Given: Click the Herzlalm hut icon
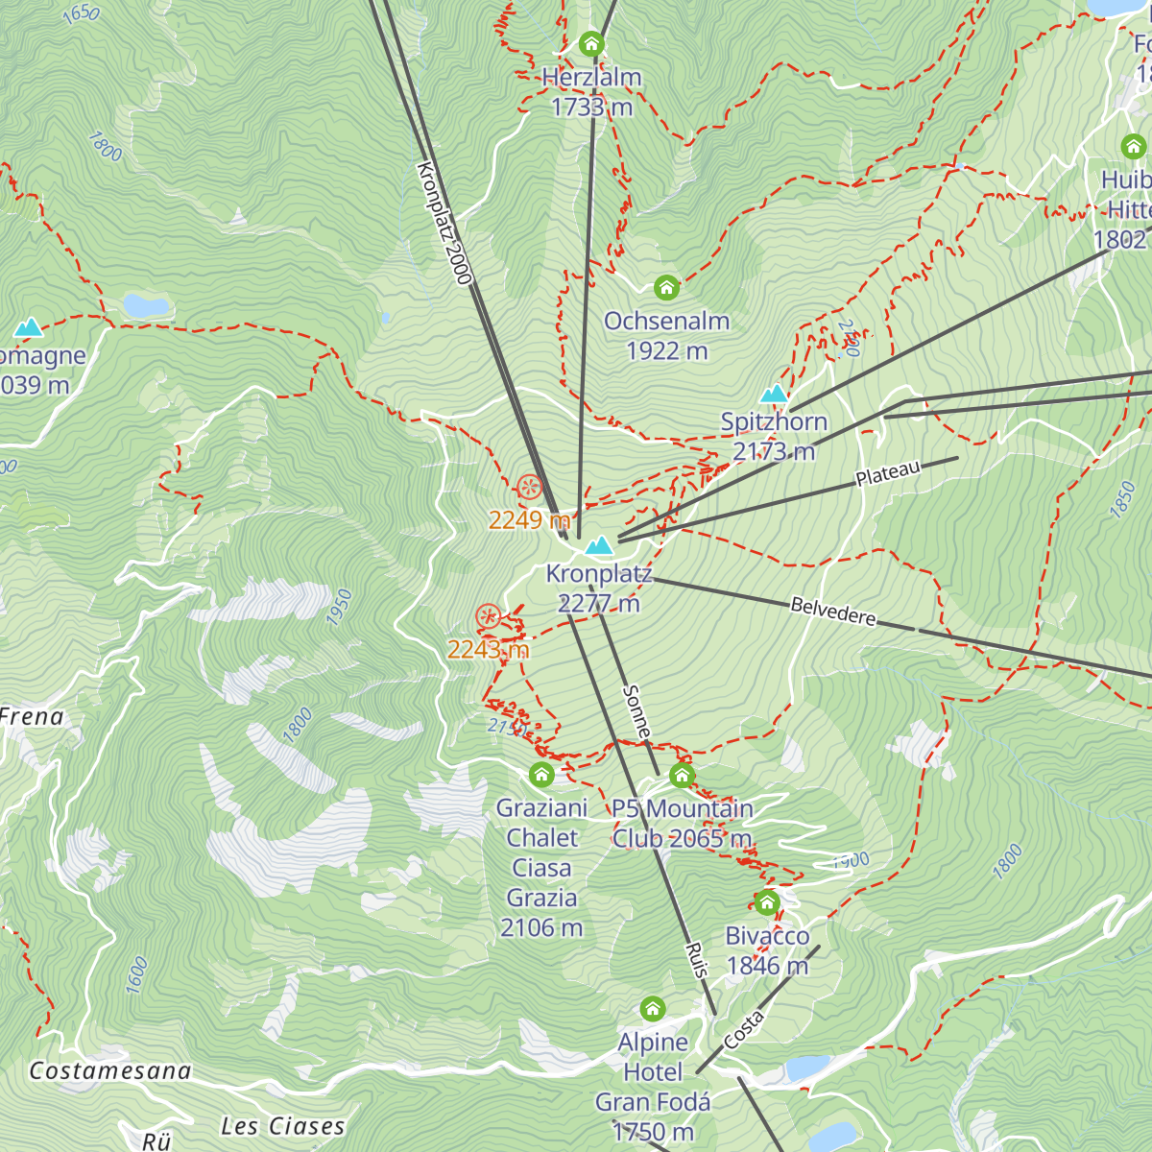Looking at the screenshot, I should click(x=591, y=44).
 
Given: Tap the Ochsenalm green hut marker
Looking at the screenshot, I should click(x=666, y=287).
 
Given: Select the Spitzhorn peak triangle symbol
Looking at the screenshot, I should click(x=774, y=394).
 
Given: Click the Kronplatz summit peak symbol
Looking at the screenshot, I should click(x=600, y=545).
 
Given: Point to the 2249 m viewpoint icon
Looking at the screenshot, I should click(x=530, y=488).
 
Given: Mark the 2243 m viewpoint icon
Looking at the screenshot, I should click(x=489, y=616).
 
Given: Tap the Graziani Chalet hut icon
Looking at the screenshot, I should click(x=541, y=775).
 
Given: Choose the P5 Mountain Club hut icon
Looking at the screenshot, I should click(x=682, y=776).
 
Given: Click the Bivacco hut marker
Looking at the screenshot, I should click(x=766, y=902).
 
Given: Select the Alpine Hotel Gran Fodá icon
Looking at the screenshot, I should click(x=653, y=1009).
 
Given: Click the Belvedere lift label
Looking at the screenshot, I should click(x=833, y=612).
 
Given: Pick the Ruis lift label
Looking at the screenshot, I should click(x=697, y=960).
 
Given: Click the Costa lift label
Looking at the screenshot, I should click(x=744, y=1029).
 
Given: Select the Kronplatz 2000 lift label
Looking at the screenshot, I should click(x=444, y=223).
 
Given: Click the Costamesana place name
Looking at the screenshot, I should click(x=110, y=1071).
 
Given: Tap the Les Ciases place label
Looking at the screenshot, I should click(x=282, y=1126).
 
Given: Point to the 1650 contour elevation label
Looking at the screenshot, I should click(x=80, y=12).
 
